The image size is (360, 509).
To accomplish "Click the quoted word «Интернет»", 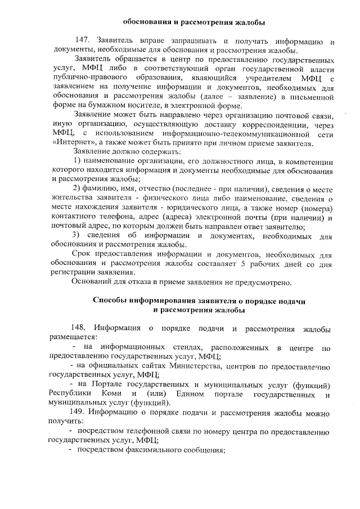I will [67, 143].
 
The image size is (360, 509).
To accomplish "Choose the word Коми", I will [112, 394].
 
